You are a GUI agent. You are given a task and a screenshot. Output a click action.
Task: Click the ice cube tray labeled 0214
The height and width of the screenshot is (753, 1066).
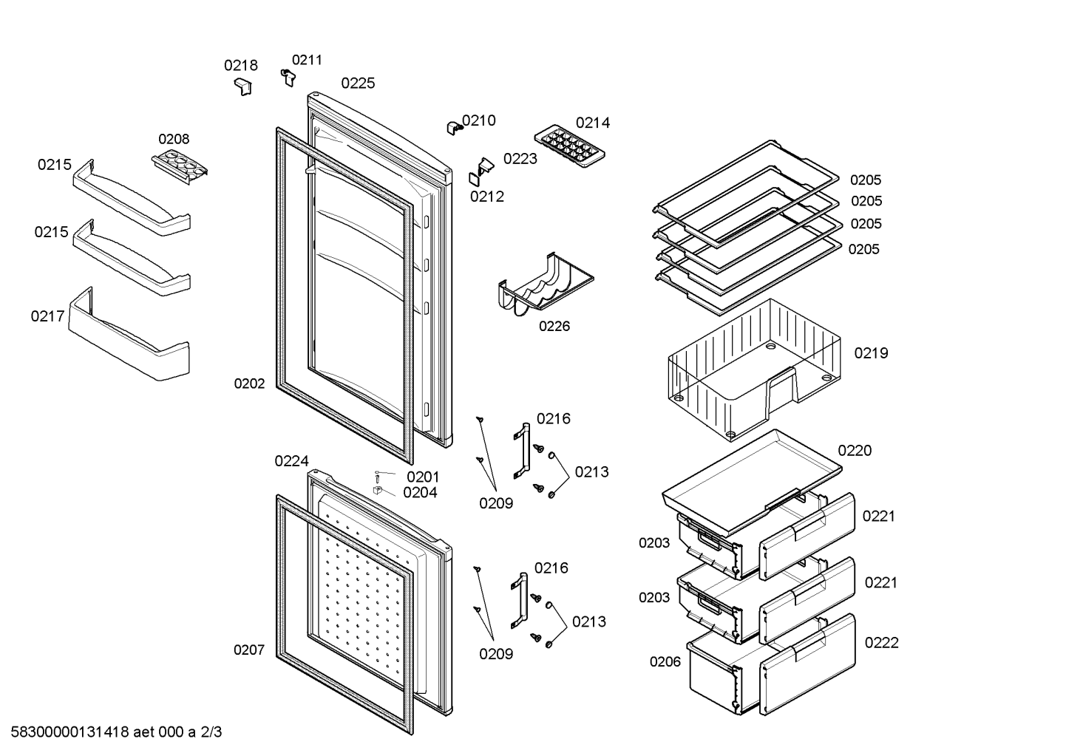[569, 146]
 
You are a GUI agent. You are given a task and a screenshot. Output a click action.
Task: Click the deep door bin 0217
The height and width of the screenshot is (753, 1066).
[129, 334]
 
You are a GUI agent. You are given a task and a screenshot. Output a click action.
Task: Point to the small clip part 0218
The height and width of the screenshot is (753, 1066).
[243, 87]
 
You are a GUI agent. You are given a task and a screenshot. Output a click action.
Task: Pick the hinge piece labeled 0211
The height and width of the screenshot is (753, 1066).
[288, 78]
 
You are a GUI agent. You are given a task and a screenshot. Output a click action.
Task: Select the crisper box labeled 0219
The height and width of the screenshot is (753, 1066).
[754, 370]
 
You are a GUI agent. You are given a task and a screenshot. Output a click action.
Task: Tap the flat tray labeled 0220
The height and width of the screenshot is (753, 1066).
[752, 480]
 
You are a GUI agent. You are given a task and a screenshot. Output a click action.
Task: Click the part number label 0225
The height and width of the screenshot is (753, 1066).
[358, 84]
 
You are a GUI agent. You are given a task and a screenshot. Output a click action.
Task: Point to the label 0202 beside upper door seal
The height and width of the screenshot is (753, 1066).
[249, 384]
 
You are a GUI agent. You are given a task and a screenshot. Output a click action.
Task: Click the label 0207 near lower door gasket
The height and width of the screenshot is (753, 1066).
[249, 650]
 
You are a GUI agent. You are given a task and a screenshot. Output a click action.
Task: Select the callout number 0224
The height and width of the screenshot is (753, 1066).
[292, 460]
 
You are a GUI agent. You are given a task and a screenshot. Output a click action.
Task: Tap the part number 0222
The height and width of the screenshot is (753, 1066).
[882, 643]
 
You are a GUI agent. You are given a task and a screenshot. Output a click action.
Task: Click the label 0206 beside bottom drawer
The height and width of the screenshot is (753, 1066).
[665, 661]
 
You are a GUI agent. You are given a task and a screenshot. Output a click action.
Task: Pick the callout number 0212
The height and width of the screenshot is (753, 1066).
[487, 197]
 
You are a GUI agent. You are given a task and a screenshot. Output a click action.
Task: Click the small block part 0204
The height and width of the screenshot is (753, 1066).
[378, 491]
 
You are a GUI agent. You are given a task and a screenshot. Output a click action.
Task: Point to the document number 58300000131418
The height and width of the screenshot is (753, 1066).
[70, 732]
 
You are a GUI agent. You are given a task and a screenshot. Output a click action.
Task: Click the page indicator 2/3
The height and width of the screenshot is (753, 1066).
[211, 732]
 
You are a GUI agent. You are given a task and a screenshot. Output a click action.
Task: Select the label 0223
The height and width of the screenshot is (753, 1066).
[520, 158]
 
